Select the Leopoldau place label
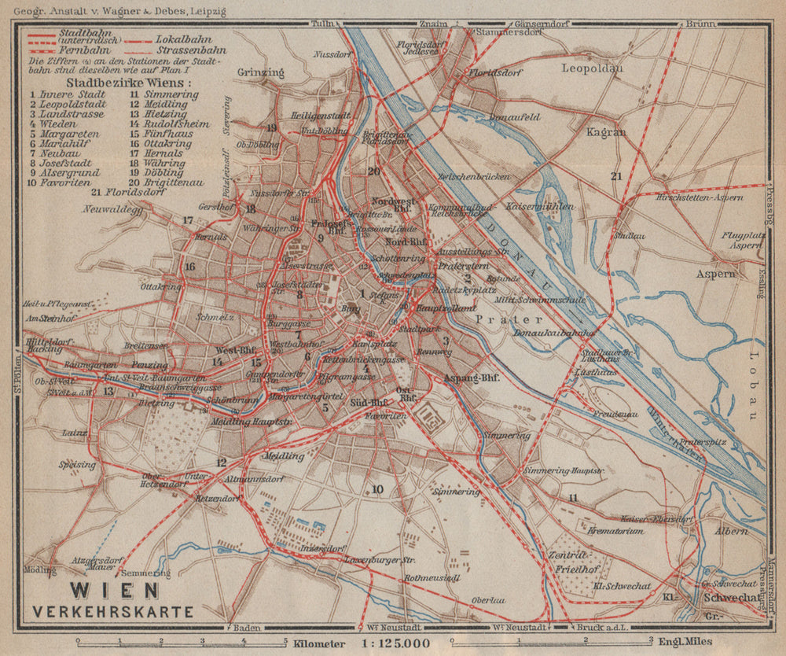[592, 68]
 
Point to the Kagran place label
[606, 132]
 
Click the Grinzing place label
[260, 72]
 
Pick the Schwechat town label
[731, 597]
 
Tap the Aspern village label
[715, 274]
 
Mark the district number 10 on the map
[377, 490]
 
